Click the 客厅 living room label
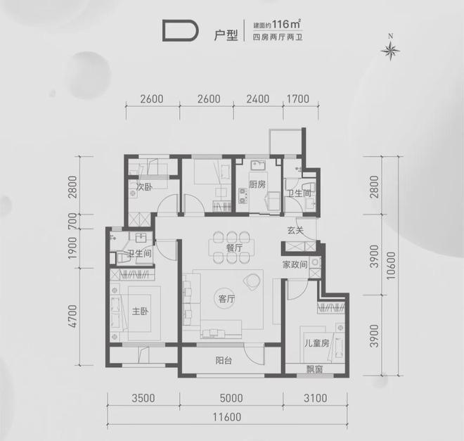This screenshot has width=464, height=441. [226, 299]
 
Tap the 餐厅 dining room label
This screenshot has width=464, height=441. [234, 248]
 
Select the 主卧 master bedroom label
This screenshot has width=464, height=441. [140, 311]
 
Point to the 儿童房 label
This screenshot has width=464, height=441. [317, 343]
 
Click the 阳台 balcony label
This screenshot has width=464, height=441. [224, 361]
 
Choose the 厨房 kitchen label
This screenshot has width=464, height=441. [257, 184]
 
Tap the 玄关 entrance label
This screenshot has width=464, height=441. [295, 230]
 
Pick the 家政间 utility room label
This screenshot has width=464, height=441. [295, 264]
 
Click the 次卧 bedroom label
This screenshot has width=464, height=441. [144, 187]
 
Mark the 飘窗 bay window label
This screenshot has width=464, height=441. [314, 369]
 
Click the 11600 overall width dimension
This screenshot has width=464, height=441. [227, 417]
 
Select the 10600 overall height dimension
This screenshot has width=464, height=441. [391, 265]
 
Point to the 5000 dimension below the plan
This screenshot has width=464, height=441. [231, 398]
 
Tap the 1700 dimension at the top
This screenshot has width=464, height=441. [297, 98]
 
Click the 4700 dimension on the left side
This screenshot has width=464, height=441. [72, 316]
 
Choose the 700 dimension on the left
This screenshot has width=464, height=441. [72, 222]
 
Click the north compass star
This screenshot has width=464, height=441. [391, 51]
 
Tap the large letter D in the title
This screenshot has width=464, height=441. [180, 30]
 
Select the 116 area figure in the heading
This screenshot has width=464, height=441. [281, 25]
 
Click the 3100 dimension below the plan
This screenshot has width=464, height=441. [316, 398]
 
